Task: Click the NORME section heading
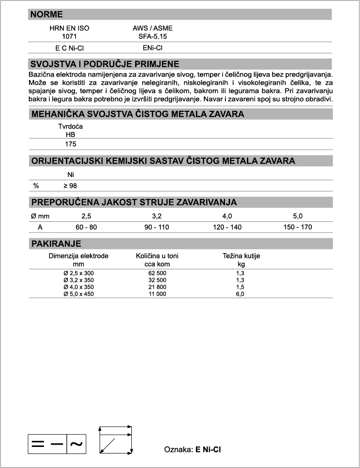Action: click(x=46, y=15)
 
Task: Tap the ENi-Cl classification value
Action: click(x=152, y=48)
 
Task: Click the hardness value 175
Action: click(x=71, y=144)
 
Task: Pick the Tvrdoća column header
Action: click(x=71, y=127)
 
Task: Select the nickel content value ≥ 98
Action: click(x=70, y=186)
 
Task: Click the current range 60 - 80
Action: click(x=86, y=227)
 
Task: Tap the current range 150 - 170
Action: click(x=297, y=227)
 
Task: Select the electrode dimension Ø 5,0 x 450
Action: click(x=79, y=294)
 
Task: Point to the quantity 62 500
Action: click(x=157, y=273)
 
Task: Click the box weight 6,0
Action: click(x=241, y=294)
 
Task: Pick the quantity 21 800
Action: click(x=157, y=287)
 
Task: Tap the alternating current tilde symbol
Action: click(x=77, y=444)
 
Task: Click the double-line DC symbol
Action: click(x=38, y=444)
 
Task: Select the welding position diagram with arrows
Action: click(x=115, y=439)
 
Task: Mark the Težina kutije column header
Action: click(x=241, y=256)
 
